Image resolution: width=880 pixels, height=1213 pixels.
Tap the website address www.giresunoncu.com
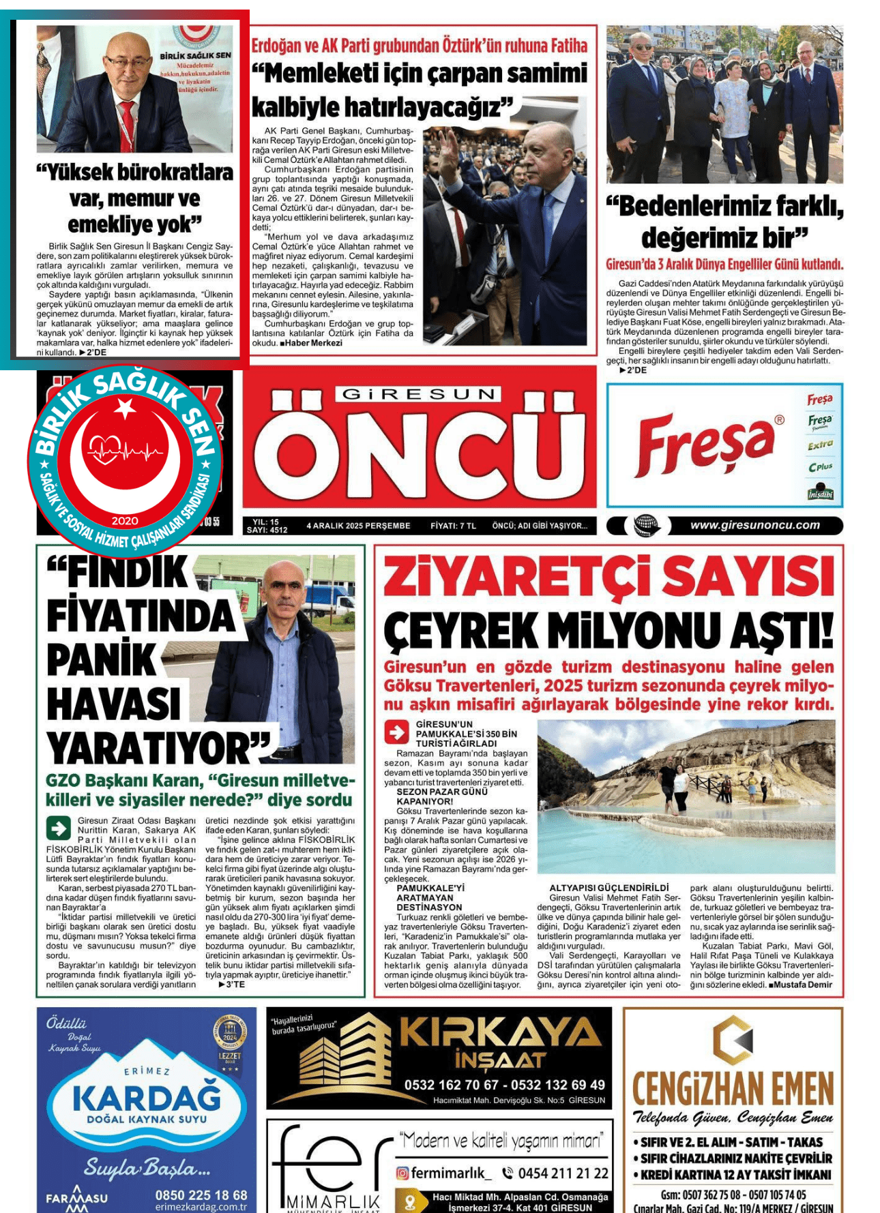tap(754, 525)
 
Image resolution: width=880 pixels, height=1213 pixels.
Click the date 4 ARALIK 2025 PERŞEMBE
tap(358, 526)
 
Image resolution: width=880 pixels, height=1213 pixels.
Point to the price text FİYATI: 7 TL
tap(453, 526)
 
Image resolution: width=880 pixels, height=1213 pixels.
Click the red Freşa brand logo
tap(705, 444)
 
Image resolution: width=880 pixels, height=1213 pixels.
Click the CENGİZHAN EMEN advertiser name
tap(733, 1089)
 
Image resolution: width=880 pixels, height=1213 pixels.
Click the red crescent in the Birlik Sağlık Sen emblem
tap(89, 477)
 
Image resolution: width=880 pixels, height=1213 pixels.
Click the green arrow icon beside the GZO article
tap(58, 828)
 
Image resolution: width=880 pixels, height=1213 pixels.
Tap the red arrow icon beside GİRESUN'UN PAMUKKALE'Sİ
tap(396, 732)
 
